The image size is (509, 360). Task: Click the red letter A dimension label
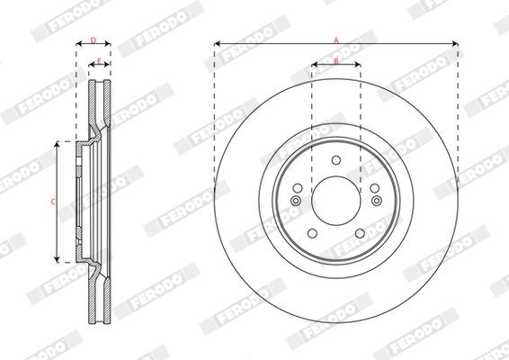[x=336, y=40]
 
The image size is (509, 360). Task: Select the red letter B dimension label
[x=336, y=61]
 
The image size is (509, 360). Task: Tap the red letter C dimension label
[x=53, y=202]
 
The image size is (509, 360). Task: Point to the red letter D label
[x=94, y=40]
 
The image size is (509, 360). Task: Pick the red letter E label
[x=99, y=61]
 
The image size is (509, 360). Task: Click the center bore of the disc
[x=336, y=201]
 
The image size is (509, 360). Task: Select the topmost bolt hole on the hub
[x=336, y=160]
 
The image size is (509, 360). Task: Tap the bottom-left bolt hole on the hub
[x=312, y=233]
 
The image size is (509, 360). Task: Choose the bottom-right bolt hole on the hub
[x=360, y=233]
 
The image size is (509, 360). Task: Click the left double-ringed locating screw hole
[x=296, y=201]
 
